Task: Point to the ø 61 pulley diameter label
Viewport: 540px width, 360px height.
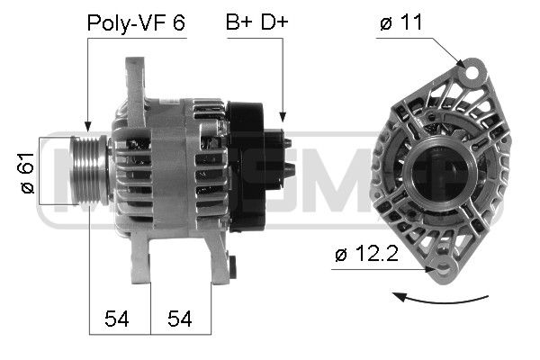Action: (27, 174)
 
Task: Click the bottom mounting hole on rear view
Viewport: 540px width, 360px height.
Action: (440, 268)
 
